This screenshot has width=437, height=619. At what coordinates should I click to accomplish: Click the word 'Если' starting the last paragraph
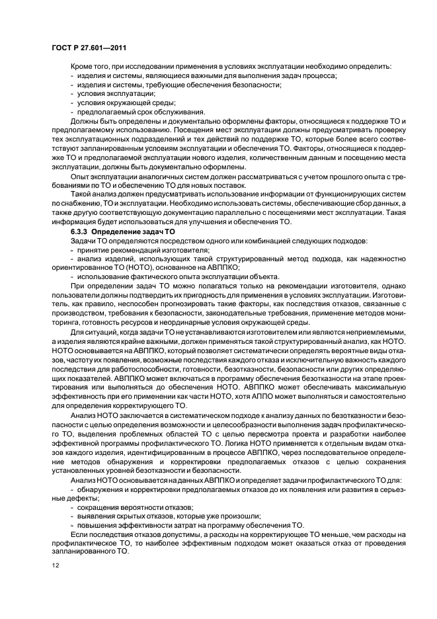point(79,533)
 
